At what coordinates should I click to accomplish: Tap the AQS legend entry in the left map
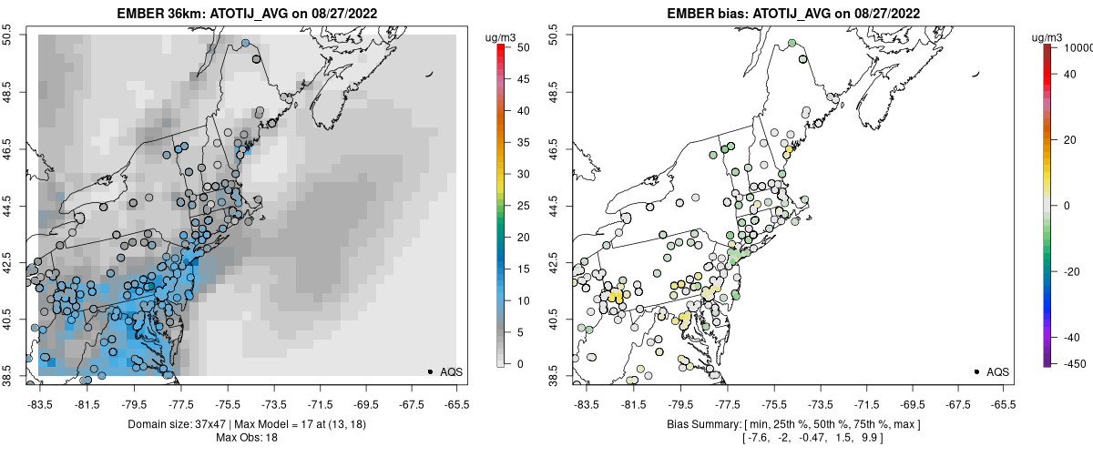[451, 371]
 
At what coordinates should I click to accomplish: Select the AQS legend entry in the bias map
[997, 371]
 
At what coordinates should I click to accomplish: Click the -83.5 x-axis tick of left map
[40, 402]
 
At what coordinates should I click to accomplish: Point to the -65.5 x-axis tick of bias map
[1003, 402]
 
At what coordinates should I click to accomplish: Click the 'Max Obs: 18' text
[246, 438]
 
